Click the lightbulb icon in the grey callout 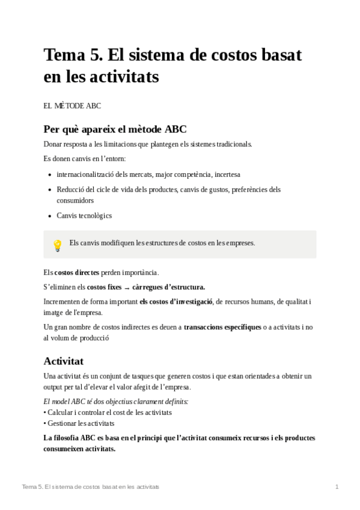click(x=58, y=245)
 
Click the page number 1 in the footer click(x=337, y=486)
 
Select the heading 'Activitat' click(x=63, y=361)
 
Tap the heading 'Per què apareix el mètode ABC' click(x=115, y=129)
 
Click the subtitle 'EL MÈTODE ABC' click(x=72, y=106)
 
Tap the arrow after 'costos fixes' click(x=127, y=287)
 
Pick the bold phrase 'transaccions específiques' click(x=222, y=327)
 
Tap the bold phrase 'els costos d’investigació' click(x=176, y=302)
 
